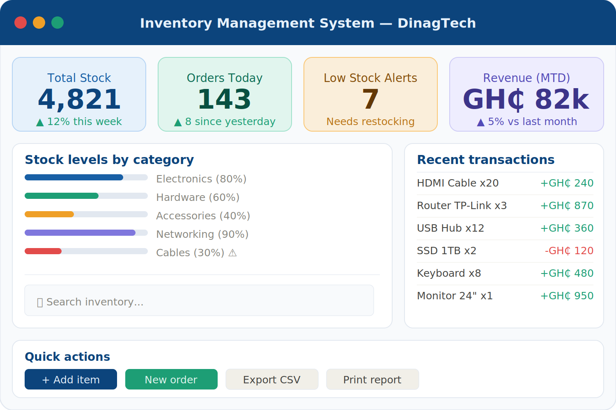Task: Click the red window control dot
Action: pyautogui.click(x=21, y=23)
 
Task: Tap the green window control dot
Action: pyautogui.click(x=57, y=23)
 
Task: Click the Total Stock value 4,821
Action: pyautogui.click(x=79, y=99)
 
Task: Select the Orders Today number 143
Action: pyautogui.click(x=224, y=99)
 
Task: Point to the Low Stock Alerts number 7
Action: pyautogui.click(x=370, y=99)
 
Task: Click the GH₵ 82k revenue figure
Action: pyautogui.click(x=526, y=100)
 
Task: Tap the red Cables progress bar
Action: pyautogui.click(x=43, y=251)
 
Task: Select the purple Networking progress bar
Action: pyautogui.click(x=80, y=232)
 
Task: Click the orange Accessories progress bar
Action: pyautogui.click(x=49, y=214)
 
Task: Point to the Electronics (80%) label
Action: pyautogui.click(x=201, y=179)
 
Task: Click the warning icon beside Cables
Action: pyautogui.click(x=232, y=253)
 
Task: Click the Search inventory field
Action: pyautogui.click(x=199, y=301)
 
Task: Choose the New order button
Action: pyautogui.click(x=171, y=379)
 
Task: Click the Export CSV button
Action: pyautogui.click(x=272, y=379)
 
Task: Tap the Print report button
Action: pyautogui.click(x=372, y=379)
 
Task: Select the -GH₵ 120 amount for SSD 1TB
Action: pyautogui.click(x=569, y=251)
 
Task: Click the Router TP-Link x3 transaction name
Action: pyautogui.click(x=462, y=206)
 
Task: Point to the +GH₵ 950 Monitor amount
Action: pyautogui.click(x=567, y=296)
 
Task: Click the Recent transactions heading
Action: pyautogui.click(x=486, y=160)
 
